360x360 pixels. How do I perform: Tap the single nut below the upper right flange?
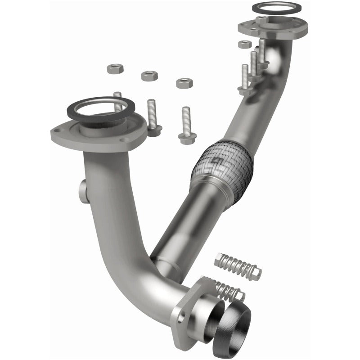[244, 44]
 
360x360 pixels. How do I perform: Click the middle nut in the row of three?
[149, 76]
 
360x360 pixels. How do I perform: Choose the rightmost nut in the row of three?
[184, 83]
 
